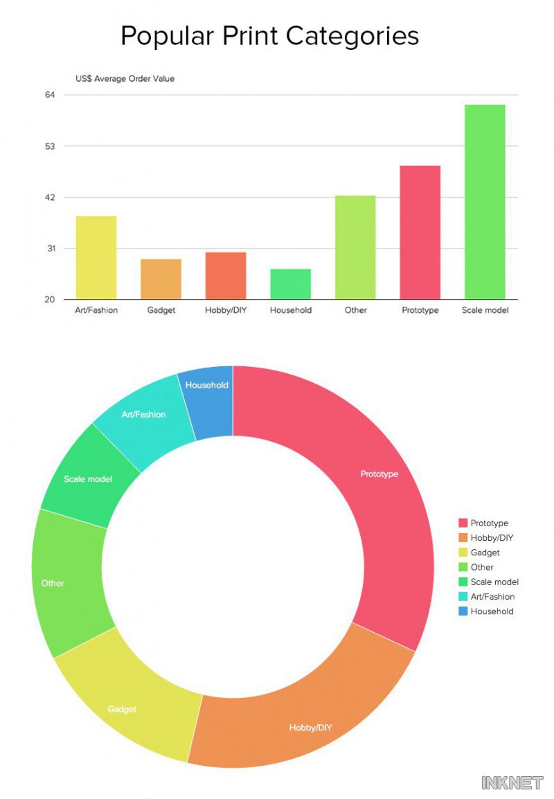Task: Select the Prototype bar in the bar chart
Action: [420, 233]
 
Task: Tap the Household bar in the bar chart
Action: [291, 284]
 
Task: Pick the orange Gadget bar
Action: [161, 279]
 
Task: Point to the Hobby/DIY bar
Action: [226, 276]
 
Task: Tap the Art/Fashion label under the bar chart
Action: [96, 310]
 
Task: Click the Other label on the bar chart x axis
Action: [356, 310]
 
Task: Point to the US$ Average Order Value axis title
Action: [125, 79]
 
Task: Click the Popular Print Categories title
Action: [270, 36]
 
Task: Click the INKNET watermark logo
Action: [512, 783]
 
